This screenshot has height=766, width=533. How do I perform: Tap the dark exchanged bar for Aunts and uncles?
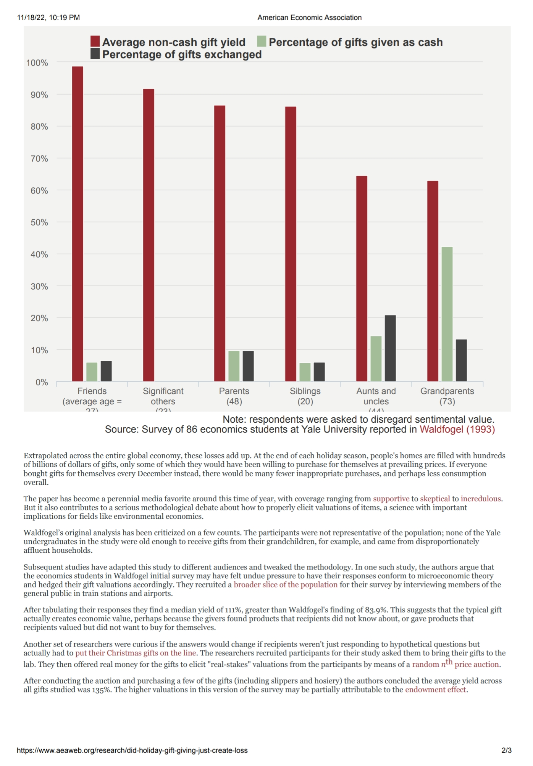[390, 348]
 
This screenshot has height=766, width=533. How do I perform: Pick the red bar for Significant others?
[149, 235]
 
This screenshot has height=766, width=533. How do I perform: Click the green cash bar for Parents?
[234, 366]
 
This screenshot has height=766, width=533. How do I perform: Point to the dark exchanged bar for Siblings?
[319, 372]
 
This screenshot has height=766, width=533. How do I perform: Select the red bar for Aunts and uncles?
[362, 278]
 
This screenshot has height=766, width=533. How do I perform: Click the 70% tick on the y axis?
[39, 159]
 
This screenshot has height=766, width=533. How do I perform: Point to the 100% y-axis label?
[37, 63]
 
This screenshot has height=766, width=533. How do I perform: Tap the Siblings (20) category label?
[305, 396]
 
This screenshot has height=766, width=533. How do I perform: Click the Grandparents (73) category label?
[447, 396]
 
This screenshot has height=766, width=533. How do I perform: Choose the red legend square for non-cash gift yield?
[95, 42]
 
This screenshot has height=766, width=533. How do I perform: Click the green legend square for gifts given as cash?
[262, 42]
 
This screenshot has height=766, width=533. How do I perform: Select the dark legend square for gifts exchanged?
[95, 54]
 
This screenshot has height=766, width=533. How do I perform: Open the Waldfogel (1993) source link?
[457, 430]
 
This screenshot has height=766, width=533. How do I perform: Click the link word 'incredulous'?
[480, 499]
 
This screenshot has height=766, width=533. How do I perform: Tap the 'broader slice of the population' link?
[286, 584]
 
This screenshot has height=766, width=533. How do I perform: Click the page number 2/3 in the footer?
[506, 750]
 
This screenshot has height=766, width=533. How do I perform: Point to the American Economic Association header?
[309, 18]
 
